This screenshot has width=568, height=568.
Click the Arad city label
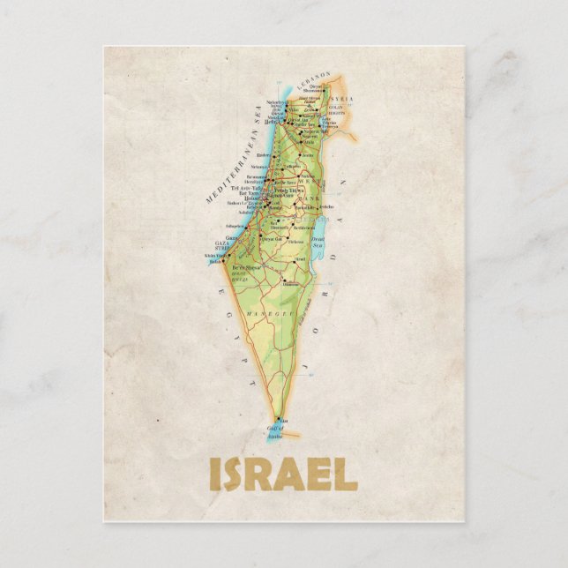tap(300, 258)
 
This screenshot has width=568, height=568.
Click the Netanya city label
tap(260, 166)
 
